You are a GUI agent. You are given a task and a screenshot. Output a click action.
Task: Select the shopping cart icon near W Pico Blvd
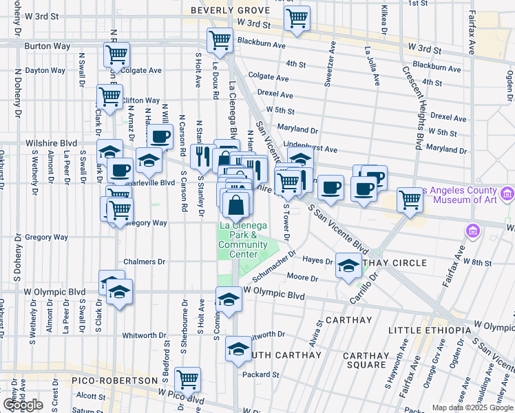pos(187,379)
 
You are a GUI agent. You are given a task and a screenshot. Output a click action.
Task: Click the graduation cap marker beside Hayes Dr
pos(348,265)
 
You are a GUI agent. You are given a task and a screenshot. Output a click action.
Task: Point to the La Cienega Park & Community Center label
pos(238,240)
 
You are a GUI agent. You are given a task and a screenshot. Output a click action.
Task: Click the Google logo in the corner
pos(23,405)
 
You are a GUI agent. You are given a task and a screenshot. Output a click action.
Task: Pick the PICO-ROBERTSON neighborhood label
pos(115,380)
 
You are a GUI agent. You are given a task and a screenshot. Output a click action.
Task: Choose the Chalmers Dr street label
pos(145,262)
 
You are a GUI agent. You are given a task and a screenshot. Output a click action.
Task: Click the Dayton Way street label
pos(46,70)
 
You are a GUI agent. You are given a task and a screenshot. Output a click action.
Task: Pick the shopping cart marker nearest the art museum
pos(410,200)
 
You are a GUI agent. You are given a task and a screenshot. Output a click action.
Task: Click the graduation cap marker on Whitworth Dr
pos(238,349)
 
